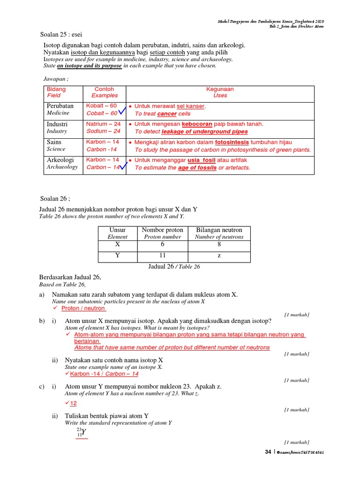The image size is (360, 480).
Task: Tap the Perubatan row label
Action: point(60,106)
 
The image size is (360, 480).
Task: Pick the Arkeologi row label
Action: point(60,160)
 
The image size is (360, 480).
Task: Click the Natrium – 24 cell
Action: point(103,124)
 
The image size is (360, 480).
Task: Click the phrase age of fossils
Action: point(197,167)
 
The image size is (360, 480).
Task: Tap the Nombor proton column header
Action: point(162,230)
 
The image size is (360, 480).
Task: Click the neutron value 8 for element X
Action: point(219,245)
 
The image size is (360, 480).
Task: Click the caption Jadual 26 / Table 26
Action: point(173,266)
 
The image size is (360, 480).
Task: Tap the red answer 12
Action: point(73,403)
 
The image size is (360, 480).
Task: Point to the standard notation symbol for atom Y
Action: point(82,432)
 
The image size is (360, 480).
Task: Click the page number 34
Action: point(268,452)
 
